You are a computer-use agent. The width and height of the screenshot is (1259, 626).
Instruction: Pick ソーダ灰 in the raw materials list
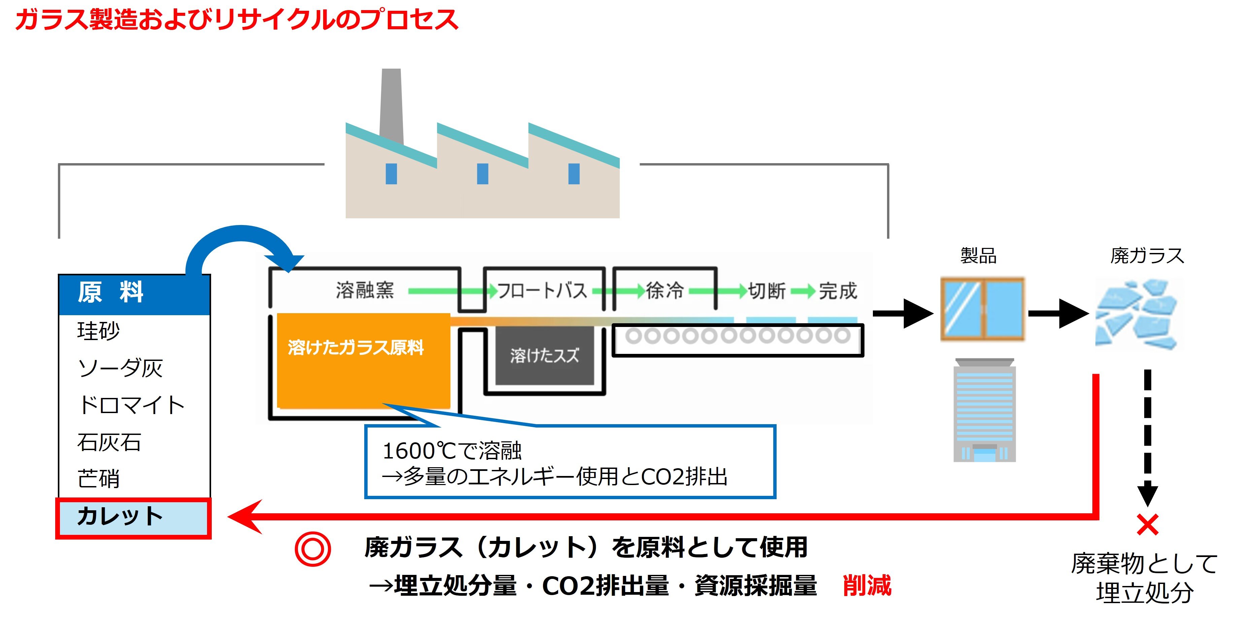pos(120,368)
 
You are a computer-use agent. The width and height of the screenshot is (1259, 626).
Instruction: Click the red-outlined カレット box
pos(133,518)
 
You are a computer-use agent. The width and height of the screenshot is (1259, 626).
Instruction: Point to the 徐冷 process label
pos(665,291)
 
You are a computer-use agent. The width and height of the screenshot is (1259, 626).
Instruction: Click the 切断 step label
pos(767,291)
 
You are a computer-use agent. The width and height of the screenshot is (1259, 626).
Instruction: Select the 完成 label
pos(838,291)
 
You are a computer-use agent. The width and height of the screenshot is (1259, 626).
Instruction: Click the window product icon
pos(982,308)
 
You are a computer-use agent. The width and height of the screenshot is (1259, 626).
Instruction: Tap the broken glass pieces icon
pos(1137,314)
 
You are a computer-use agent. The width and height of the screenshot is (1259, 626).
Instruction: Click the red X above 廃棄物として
pos(1147,525)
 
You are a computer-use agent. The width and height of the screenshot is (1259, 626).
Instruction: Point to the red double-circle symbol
pos(313,549)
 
